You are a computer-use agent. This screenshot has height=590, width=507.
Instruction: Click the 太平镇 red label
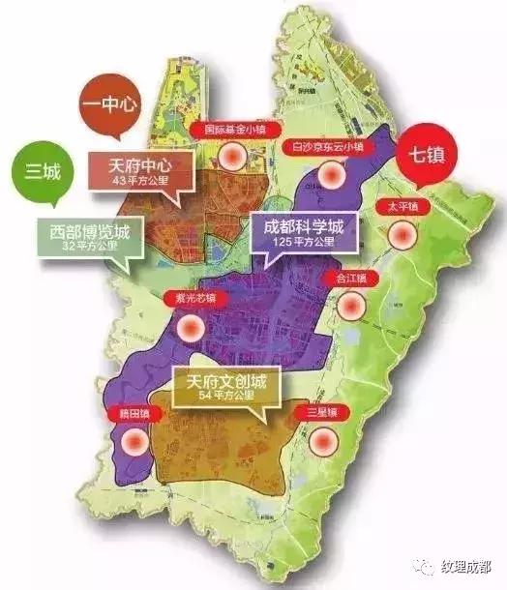pyautogui.click(x=402, y=206)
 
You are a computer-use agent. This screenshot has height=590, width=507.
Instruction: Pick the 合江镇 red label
pyautogui.click(x=352, y=279)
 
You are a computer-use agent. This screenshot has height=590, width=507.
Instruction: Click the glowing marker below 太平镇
pyautogui.click(x=402, y=235)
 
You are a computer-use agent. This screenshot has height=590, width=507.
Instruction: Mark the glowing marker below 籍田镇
pyautogui.click(x=134, y=442)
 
